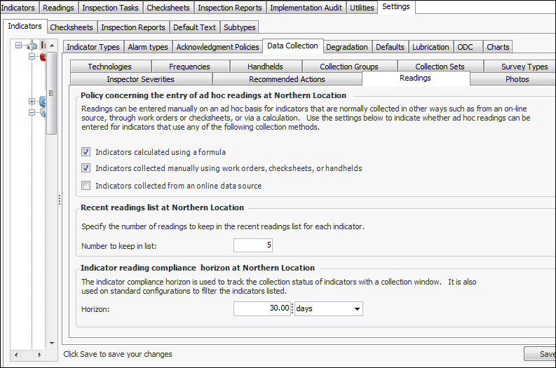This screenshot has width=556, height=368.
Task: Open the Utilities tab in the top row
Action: click(x=362, y=8)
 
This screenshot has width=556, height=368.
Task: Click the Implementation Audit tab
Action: click(x=306, y=8)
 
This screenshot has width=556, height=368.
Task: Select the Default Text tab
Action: click(x=194, y=27)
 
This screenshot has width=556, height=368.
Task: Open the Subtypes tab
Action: click(x=240, y=27)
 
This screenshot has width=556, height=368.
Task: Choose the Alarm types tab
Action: click(x=148, y=47)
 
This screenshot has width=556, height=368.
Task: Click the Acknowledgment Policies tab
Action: click(x=217, y=47)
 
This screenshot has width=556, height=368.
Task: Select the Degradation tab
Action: click(x=346, y=47)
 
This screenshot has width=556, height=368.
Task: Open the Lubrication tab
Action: click(x=430, y=47)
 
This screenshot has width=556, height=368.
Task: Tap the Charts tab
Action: click(x=498, y=47)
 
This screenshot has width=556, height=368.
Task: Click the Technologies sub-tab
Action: click(x=109, y=67)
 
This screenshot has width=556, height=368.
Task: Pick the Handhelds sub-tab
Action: click(x=265, y=67)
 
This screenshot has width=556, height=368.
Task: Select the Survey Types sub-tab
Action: click(x=524, y=67)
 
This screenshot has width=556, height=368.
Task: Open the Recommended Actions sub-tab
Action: click(x=287, y=79)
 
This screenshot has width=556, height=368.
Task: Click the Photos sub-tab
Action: click(x=517, y=79)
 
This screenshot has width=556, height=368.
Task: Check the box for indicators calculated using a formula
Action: click(x=86, y=151)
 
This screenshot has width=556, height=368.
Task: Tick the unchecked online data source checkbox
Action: click(x=86, y=186)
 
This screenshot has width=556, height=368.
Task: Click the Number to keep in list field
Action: click(x=252, y=245)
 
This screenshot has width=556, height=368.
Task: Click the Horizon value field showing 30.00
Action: click(x=261, y=308)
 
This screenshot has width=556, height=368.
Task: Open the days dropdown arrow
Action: click(x=357, y=308)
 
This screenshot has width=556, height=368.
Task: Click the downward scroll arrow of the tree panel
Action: click(x=51, y=343)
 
